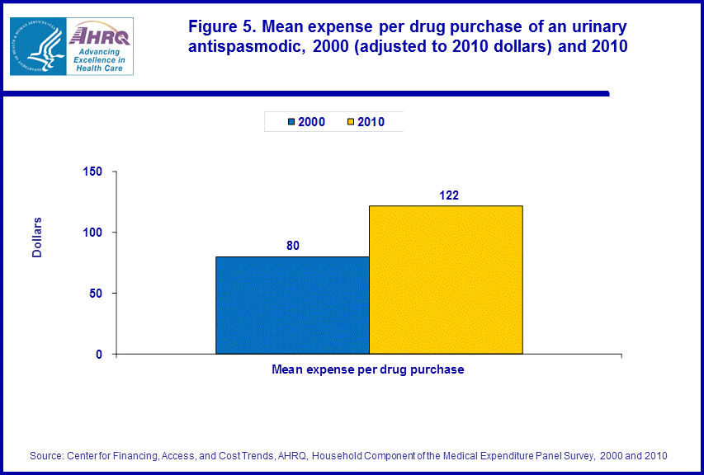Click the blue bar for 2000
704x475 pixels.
point(292,305)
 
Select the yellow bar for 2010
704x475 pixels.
point(446,280)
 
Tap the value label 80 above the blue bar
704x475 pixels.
point(292,245)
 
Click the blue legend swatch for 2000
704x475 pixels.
point(291,122)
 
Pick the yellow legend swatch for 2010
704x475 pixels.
point(351,122)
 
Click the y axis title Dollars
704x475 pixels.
point(37,237)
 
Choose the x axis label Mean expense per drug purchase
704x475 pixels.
point(368,369)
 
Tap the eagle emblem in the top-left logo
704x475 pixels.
point(36,46)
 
